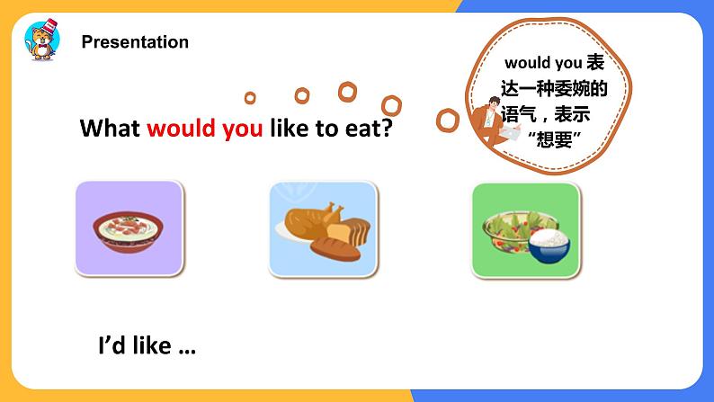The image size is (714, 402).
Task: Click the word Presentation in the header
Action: tap(135, 42)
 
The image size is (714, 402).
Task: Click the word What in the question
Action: tap(110, 129)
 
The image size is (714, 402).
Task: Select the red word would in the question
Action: tap(179, 129)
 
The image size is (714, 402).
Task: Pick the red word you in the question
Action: tap(240, 129)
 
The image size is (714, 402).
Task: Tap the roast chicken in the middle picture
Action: tap(311, 219)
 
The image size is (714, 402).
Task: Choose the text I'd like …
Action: tap(146, 346)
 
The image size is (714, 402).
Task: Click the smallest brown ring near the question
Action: tap(250, 97)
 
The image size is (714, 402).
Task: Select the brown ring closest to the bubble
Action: tap(446, 119)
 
